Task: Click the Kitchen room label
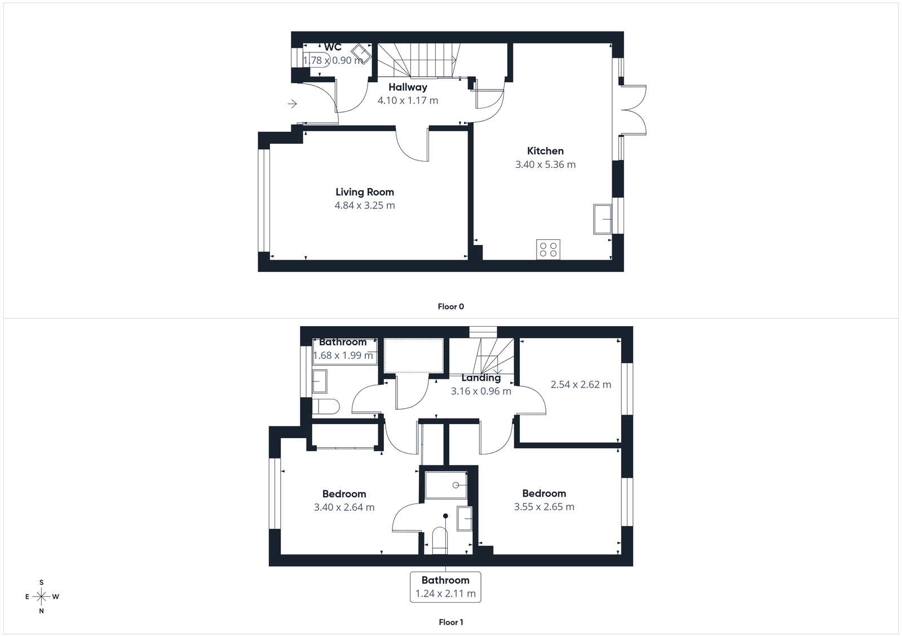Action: point(545,151)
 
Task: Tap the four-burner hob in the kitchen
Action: point(548,249)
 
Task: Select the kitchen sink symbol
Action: point(603,219)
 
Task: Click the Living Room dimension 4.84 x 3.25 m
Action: point(364,206)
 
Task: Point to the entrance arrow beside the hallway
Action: point(292,104)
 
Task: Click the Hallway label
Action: point(408,87)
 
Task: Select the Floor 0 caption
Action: point(450,307)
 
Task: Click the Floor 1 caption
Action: point(450,622)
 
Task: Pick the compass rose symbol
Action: point(41,596)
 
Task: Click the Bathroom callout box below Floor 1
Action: point(445,587)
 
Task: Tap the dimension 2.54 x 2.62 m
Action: point(581,385)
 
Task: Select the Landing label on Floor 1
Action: point(481,378)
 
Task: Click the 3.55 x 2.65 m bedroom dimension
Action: point(544,507)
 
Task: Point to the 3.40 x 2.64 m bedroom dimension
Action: point(344,507)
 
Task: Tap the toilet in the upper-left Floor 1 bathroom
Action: point(326,407)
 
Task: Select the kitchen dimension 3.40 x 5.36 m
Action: point(545,164)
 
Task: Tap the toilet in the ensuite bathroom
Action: point(439,540)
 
